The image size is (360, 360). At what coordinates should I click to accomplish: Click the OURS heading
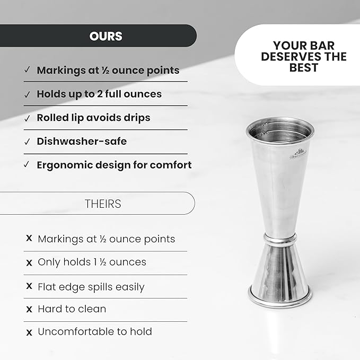tap(106, 37)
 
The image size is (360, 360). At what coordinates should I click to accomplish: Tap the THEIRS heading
tap(103, 204)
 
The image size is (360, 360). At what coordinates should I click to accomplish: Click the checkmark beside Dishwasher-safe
tap(27, 142)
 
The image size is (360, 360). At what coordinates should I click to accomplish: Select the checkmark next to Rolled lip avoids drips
tap(27, 118)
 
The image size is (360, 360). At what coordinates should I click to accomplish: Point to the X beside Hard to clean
tap(29, 309)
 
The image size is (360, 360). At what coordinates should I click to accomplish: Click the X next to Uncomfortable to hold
tap(29, 332)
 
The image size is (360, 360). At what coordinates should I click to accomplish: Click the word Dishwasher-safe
tap(82, 142)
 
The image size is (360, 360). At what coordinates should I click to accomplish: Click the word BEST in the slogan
tap(304, 68)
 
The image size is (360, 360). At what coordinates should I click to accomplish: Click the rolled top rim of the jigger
tap(280, 124)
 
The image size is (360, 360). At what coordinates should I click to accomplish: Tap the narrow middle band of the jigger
tap(280, 240)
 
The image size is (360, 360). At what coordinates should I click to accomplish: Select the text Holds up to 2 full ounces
tap(99, 94)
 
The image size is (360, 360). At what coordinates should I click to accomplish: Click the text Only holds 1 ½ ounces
tap(92, 262)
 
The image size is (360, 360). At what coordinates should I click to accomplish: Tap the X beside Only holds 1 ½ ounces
tap(29, 262)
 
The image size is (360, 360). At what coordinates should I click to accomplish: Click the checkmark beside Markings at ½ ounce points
tap(27, 70)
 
